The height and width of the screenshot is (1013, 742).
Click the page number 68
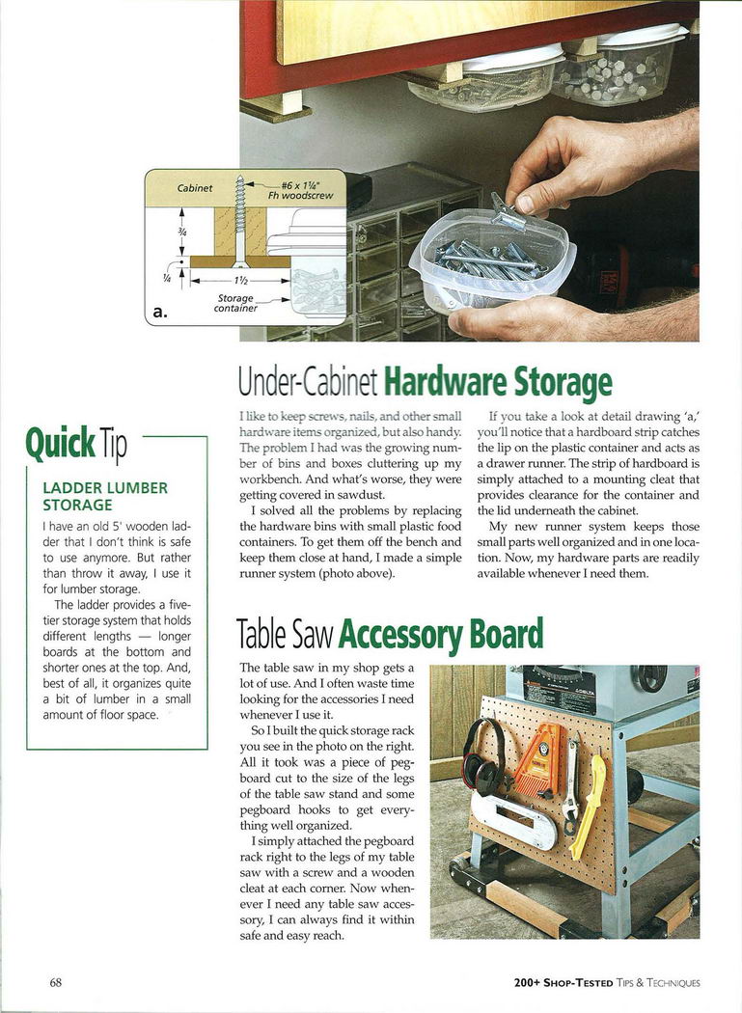click(56, 983)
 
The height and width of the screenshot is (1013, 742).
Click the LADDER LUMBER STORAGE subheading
click(105, 496)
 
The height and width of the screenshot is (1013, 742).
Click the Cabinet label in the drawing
click(195, 188)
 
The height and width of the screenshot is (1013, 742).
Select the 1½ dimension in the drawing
click(239, 281)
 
